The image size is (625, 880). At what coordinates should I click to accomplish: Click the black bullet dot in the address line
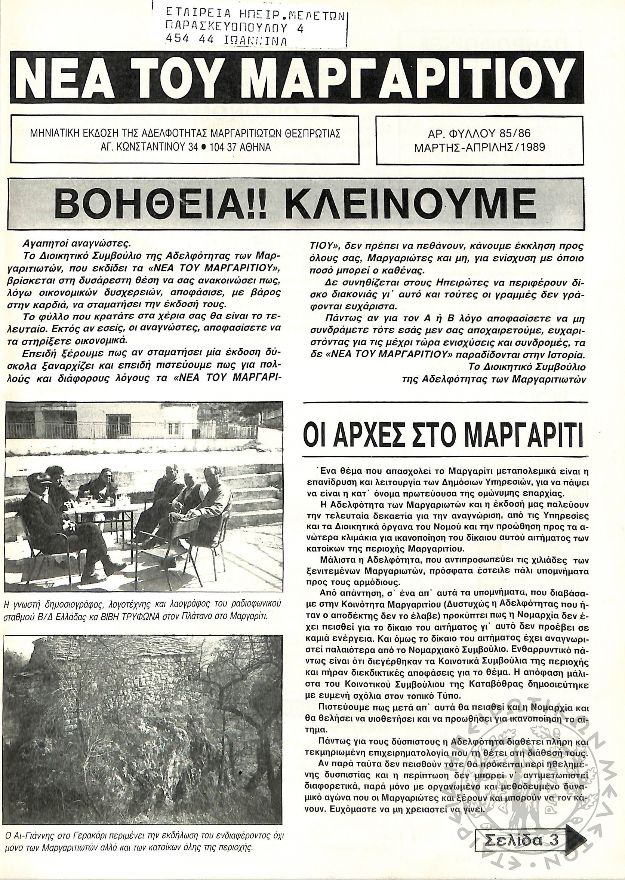tap(200, 147)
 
